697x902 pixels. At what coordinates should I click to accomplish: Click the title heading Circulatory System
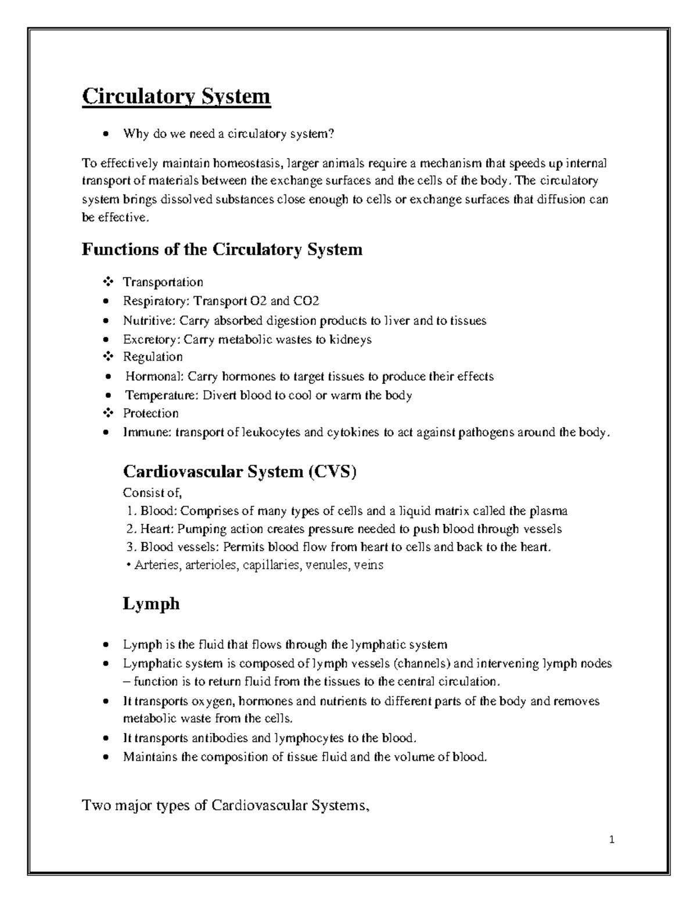[176, 96]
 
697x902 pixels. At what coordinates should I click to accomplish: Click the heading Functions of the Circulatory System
[222, 250]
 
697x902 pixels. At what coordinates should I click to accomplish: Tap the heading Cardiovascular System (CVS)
[239, 472]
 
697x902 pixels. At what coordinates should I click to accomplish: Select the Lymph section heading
[151, 604]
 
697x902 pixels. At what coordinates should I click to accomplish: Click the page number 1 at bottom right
[612, 839]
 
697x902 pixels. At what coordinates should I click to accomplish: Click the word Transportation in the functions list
[163, 283]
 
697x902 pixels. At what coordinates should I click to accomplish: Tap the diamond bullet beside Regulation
[107, 357]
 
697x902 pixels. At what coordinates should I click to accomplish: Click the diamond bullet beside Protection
[107, 414]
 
